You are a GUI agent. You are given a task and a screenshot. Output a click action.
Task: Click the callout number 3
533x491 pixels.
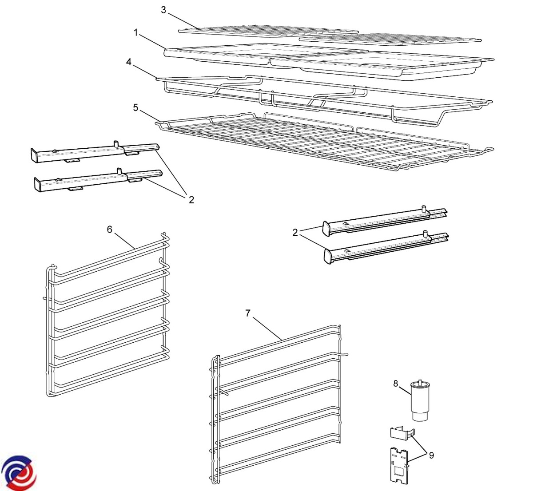coord(163,10)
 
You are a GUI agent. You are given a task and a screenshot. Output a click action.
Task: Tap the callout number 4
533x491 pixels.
coord(129,62)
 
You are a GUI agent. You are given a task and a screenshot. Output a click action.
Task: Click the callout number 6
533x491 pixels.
coord(110,229)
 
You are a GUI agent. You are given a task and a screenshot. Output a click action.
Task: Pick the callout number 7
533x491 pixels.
coord(248,313)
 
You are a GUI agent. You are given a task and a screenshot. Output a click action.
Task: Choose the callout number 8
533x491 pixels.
coord(396,383)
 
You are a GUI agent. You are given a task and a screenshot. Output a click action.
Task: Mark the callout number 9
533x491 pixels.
coord(431,455)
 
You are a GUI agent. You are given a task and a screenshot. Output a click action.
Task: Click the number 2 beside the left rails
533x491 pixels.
coord(191,200)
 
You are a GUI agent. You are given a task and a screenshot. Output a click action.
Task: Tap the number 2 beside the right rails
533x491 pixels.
coord(295,232)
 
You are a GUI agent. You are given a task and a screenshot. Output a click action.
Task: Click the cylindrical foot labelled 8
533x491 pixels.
coord(419,402)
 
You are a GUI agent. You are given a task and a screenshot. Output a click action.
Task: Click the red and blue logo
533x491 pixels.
coord(19,473)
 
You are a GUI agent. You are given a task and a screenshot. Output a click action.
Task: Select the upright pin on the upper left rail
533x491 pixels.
coord(115,144)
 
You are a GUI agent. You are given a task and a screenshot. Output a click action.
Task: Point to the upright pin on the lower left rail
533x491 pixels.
coord(119,171)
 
